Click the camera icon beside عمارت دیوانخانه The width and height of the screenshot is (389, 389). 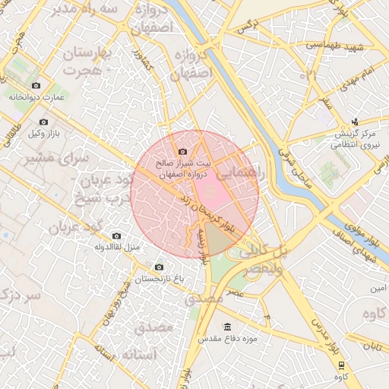point(36,85)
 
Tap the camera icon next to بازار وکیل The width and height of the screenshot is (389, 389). point(43,122)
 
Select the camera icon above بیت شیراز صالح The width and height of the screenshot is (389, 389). point(182,152)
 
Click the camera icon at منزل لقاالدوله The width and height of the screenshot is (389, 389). point(115,236)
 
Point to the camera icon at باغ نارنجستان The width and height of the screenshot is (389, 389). point(159,267)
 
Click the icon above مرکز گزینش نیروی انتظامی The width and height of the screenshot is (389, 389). point(355,122)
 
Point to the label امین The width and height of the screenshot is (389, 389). point(378,289)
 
